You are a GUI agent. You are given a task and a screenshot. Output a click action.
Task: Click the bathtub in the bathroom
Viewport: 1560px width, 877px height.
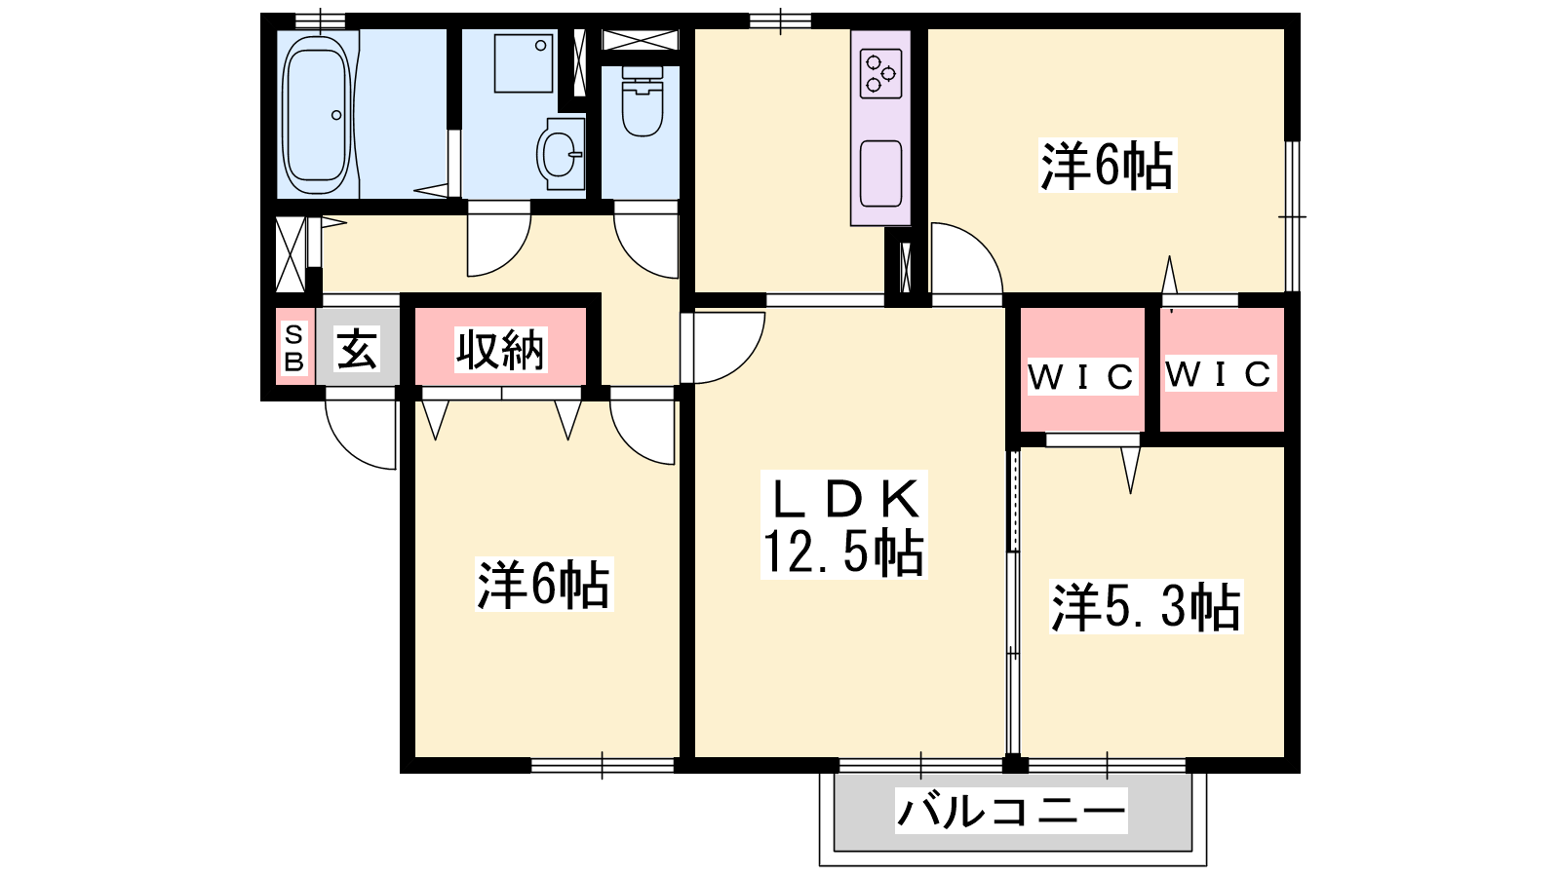pos(316,115)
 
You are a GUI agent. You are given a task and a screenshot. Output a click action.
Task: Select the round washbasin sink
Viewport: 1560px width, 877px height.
pos(559,154)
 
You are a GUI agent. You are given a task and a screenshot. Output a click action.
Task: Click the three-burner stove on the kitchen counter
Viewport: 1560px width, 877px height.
pos(880,73)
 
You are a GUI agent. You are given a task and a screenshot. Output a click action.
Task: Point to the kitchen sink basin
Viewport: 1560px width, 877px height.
pos(881,173)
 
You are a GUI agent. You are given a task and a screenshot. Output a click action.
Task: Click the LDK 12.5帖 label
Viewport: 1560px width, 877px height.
pos(844,525)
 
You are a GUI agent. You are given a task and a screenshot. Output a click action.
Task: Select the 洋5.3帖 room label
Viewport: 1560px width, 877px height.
pos(1146,607)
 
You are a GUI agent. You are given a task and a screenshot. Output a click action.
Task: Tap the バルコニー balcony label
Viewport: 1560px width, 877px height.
pos(1010,811)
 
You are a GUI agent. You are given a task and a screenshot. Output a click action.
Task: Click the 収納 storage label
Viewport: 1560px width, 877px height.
pos(500,350)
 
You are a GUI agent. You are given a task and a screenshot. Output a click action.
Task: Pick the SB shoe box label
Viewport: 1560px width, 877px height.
pos(293,348)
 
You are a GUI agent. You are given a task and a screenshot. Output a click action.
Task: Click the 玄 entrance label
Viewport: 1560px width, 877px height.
pos(357,348)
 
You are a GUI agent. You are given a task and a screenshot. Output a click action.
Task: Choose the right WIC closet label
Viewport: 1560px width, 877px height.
pos(1219,374)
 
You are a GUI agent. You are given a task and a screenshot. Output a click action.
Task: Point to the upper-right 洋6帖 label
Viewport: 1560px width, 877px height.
pos(1107,166)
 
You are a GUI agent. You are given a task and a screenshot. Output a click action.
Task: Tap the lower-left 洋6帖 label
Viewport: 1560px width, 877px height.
pos(543,584)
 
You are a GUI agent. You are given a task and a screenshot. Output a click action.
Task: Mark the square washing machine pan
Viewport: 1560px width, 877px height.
pos(524,62)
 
